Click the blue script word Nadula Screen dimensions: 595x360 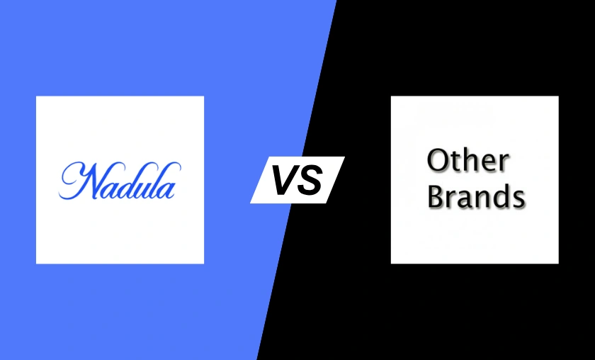pos(120,181)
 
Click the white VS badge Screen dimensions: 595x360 pos(297,179)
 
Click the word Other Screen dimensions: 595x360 pos(468,161)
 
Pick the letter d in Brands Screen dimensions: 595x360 pos(500,196)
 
